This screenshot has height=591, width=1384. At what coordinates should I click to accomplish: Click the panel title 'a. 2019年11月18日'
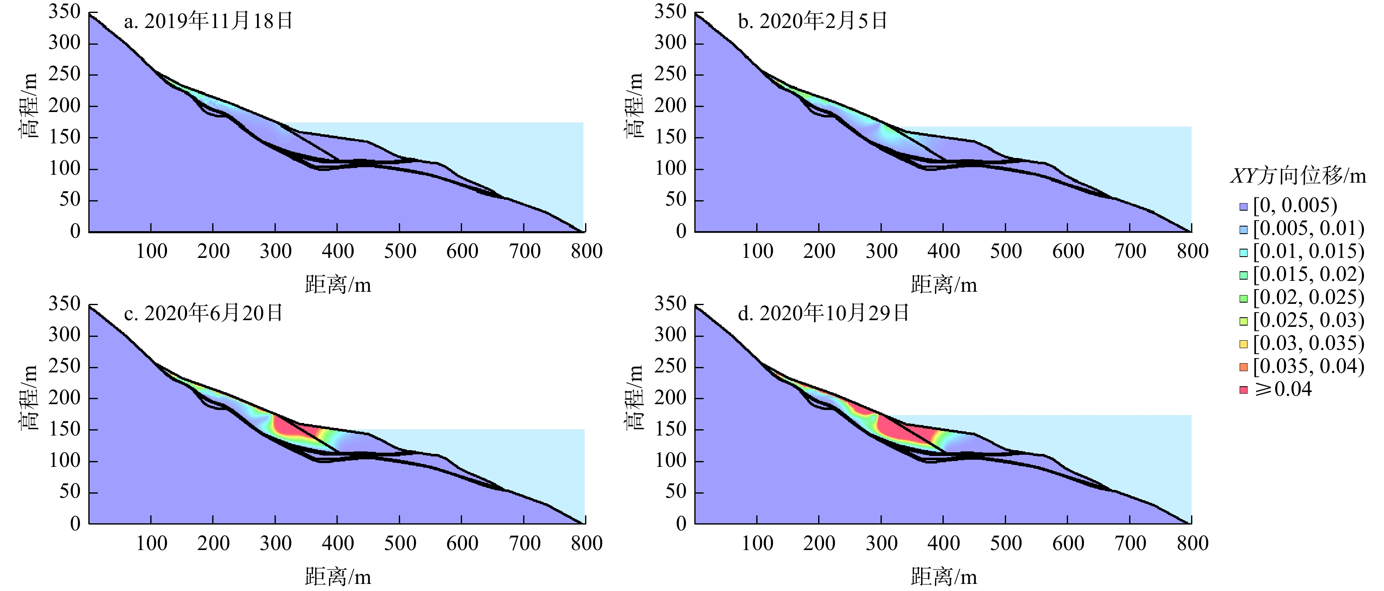click(208, 21)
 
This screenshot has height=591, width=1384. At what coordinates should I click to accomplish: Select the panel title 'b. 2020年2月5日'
click(812, 21)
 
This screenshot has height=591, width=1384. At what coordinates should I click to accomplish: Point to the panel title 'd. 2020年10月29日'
click(823, 313)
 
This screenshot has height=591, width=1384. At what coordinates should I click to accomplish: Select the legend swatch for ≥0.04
click(1243, 390)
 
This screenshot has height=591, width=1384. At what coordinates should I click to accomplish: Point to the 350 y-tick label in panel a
click(64, 11)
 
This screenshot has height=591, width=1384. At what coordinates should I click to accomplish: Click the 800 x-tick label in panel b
click(1192, 251)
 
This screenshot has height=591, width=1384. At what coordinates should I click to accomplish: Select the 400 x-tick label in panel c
click(337, 543)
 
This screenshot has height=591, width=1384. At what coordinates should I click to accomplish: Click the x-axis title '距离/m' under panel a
click(338, 285)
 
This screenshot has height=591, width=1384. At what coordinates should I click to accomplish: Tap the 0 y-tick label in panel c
click(75, 523)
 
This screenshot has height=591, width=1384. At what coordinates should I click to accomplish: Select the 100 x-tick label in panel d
click(757, 543)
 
